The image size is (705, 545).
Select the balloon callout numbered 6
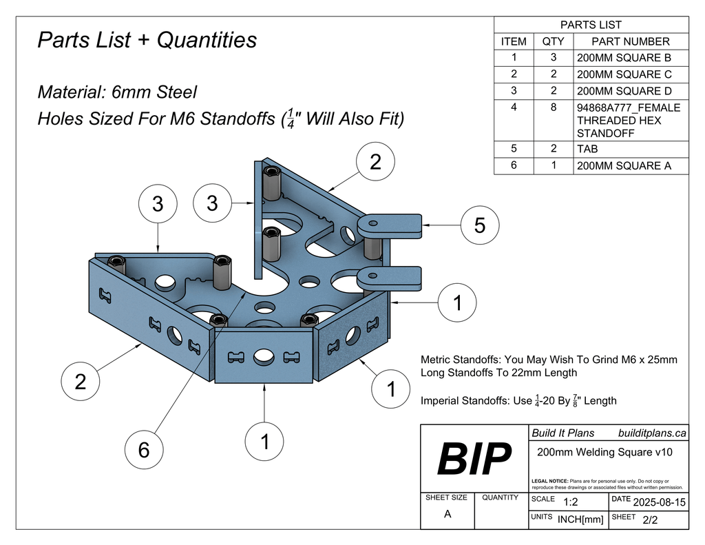click(144, 450)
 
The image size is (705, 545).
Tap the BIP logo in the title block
click(475, 459)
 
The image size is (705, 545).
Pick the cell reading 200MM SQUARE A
click(624, 166)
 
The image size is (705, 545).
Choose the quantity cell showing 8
click(553, 107)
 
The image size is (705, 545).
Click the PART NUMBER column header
click(630, 41)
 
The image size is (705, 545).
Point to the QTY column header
click(553, 41)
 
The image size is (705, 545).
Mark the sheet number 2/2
click(649, 520)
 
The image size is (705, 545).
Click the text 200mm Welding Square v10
click(604, 452)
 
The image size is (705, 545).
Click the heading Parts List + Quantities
click(147, 40)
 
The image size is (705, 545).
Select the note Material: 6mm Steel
click(117, 92)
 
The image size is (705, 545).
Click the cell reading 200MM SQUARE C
click(624, 74)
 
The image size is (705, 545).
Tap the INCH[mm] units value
click(580, 520)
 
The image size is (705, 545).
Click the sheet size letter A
click(448, 513)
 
